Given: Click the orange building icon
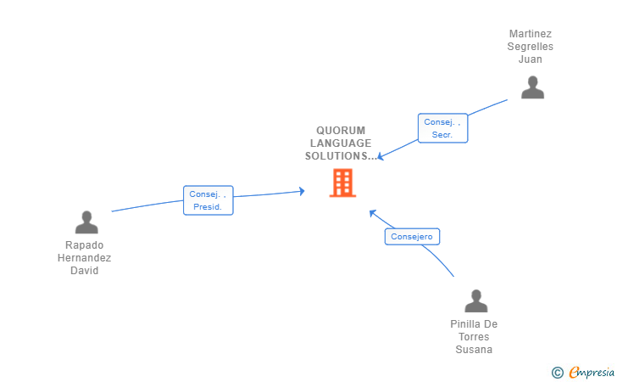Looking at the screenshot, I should click(342, 183).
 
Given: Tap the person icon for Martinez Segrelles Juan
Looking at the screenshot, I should click(532, 87).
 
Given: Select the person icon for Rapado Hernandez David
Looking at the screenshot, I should click(86, 222).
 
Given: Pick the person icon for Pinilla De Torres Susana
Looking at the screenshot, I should click(476, 301).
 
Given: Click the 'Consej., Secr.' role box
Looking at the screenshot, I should click(442, 128).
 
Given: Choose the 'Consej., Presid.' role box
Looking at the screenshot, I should click(208, 200).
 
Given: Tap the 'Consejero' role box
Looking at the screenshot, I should click(412, 237).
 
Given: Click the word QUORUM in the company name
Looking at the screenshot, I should click(341, 131).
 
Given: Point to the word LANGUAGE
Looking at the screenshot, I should click(341, 143).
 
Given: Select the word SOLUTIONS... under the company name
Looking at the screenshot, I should click(341, 156).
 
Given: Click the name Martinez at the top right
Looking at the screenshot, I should click(531, 34).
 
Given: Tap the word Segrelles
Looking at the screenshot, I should click(531, 47).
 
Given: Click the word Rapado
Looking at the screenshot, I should click(85, 245).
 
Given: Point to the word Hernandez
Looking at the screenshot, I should click(85, 258).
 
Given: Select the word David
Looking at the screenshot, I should click(85, 271).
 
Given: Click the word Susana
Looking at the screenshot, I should click(474, 350).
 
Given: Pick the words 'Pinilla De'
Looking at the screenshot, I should click(474, 324).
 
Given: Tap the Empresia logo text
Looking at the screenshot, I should click(592, 372).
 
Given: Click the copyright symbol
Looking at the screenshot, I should click(557, 372).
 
